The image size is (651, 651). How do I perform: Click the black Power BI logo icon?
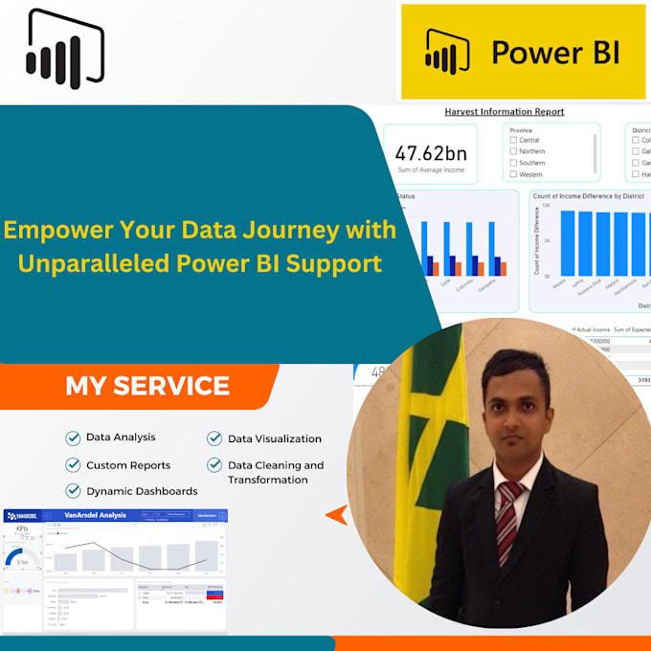(x=65, y=50)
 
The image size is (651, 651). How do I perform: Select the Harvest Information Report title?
(x=505, y=112)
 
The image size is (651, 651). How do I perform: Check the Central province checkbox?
(x=514, y=140)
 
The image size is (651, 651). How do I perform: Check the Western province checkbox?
(x=514, y=174)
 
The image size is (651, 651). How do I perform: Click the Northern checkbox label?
(x=532, y=151)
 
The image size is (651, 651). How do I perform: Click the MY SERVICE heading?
(x=147, y=386)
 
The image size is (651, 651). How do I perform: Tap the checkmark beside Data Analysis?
(x=73, y=438)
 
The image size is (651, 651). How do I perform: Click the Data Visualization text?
(x=274, y=438)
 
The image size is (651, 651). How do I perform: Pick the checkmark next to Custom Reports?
(x=73, y=465)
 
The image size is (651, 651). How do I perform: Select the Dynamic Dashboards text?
(x=142, y=491)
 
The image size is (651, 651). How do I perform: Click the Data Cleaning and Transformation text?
(x=275, y=472)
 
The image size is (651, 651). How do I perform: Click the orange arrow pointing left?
(x=336, y=515)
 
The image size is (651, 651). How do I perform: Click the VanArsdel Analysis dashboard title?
(x=96, y=515)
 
